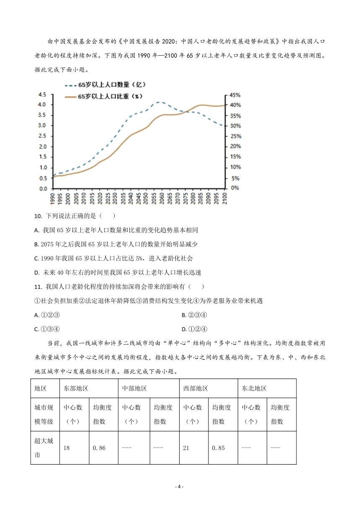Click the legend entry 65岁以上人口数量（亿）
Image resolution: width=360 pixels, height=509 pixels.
105,85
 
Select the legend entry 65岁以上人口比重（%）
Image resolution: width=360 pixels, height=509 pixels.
104,96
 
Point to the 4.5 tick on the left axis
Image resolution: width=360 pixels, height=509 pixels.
42,95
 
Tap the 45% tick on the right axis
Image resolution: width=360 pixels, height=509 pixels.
235,95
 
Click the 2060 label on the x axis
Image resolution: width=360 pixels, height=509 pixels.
162,198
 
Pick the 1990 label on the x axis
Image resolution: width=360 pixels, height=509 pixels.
53,198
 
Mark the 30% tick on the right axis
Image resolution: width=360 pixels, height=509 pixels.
235,126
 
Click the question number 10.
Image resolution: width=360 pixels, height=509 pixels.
38,216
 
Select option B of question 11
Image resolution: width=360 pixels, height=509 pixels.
194,315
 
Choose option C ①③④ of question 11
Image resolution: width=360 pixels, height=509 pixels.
47,329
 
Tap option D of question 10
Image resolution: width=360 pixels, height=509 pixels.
118,272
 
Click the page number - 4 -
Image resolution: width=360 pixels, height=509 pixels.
180,486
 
